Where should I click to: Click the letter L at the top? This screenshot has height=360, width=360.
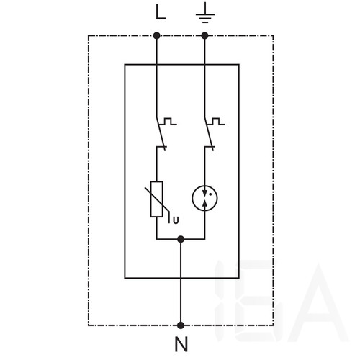pos(161,12)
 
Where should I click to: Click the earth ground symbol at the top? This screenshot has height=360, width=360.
pos(205,14)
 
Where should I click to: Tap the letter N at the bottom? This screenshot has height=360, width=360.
pos(181,344)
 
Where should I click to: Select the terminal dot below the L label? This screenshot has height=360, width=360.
pos(156,36)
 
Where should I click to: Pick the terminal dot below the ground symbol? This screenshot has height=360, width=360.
pos(204,36)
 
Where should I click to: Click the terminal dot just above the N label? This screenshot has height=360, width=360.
pos(181,325)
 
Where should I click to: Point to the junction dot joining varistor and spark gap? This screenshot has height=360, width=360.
pos(181,239)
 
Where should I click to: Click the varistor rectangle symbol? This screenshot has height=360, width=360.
pos(156,199)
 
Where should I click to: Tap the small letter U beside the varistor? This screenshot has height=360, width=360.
pos(176,220)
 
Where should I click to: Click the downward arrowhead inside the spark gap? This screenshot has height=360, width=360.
pos(204,193)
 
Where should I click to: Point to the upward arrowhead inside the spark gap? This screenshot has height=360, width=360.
pos(204,204)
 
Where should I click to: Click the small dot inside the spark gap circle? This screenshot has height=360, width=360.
pos(210,194)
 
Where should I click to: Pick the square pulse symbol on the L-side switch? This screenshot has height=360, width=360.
pos(168,121)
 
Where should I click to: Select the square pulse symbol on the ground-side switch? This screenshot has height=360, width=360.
pos(217,121)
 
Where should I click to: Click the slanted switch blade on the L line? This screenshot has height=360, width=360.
pos(161,134)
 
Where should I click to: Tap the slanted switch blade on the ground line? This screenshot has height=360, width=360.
pos(209,134)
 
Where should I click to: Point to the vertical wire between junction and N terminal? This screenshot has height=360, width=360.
pos(181,282)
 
